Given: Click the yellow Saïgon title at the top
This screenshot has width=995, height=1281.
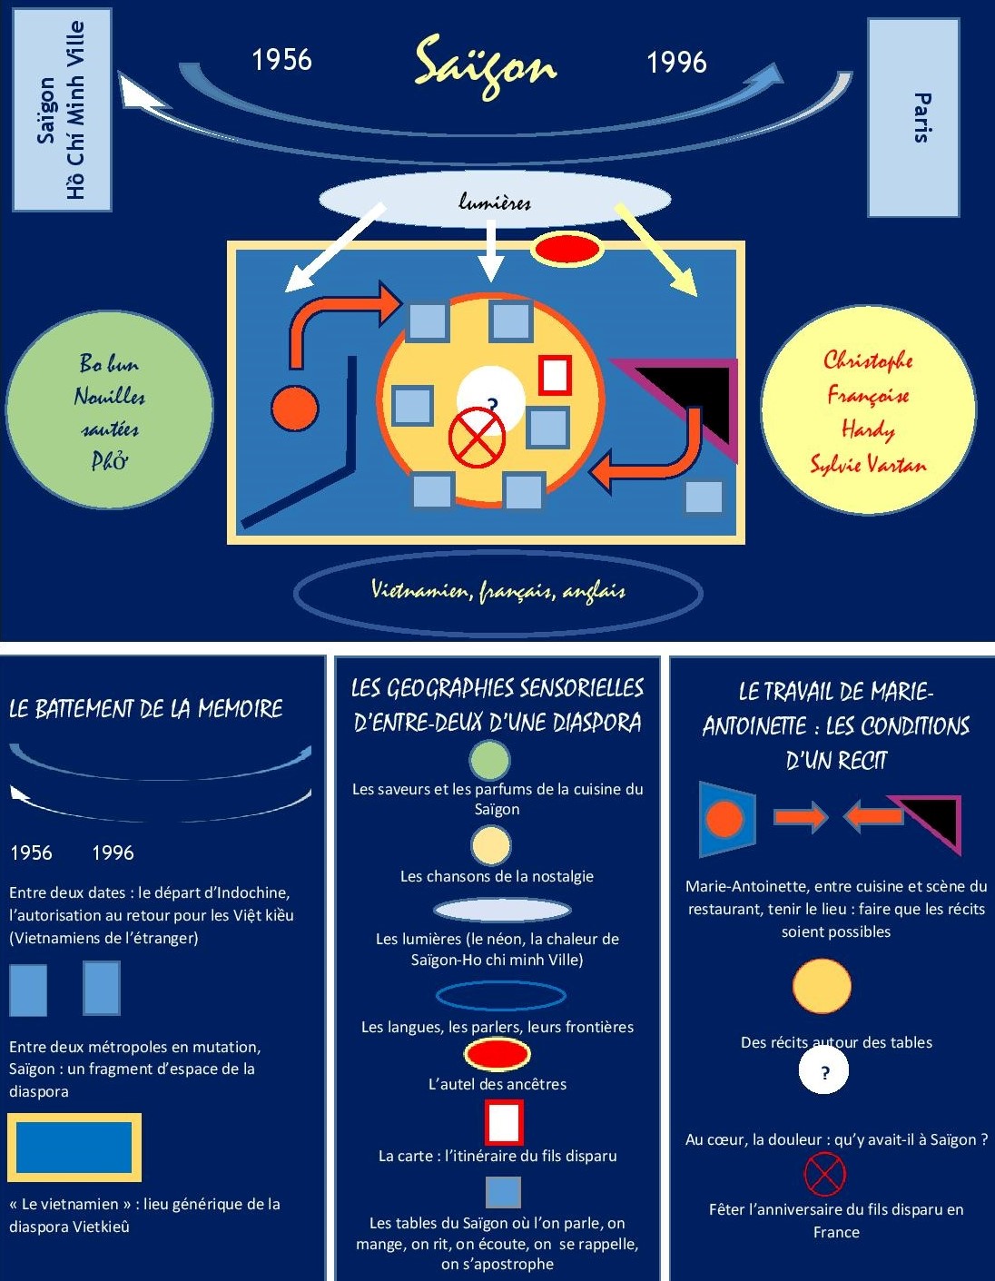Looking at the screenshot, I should [485, 64].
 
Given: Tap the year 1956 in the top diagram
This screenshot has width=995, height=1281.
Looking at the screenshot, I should [281, 60].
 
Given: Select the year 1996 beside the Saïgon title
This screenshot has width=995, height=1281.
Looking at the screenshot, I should [676, 63].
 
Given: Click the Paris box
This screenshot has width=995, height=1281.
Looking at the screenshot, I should [913, 118].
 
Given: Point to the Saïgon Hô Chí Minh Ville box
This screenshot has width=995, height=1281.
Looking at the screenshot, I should [62, 110].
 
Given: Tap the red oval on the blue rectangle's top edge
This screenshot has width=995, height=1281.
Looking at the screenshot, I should [566, 249].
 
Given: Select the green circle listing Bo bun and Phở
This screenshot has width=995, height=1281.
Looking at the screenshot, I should [110, 411].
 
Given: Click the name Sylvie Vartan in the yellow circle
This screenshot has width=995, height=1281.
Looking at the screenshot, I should [869, 465].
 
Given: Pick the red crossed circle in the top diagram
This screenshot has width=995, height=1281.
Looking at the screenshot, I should [477, 438].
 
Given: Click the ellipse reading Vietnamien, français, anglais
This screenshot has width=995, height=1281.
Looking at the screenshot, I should [498, 592].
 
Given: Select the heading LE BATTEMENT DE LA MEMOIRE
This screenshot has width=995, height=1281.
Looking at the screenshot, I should [146, 709].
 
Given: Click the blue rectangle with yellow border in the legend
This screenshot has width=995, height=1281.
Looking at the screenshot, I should [74, 1147].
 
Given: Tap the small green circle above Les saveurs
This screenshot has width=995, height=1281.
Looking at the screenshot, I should [490, 760].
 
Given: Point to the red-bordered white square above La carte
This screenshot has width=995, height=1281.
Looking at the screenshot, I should [504, 1122].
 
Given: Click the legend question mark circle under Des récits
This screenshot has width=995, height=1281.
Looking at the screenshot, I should [823, 1071].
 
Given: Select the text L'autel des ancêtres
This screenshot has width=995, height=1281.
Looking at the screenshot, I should [497, 1084].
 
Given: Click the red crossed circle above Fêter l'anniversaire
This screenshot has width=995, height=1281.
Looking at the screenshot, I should [824, 1174].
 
